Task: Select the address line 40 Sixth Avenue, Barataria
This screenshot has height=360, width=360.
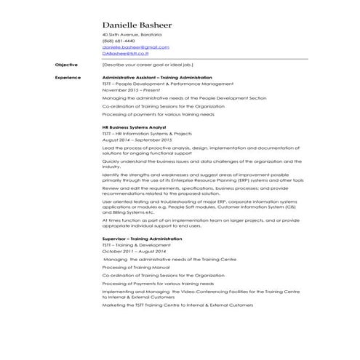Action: pyautogui.click(x=132, y=34)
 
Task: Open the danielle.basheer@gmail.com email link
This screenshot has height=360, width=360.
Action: pyautogui.click(x=135, y=47)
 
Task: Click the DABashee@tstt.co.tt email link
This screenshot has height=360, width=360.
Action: pyautogui.click(x=125, y=52)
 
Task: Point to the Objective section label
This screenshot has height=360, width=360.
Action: pyautogui.click(x=66, y=65)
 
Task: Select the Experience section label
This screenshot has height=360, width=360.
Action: pyautogui.click(x=68, y=77)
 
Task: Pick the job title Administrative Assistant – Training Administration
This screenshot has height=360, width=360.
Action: pyautogui.click(x=157, y=77)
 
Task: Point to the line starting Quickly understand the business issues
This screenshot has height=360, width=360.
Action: pyautogui.click(x=201, y=161)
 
